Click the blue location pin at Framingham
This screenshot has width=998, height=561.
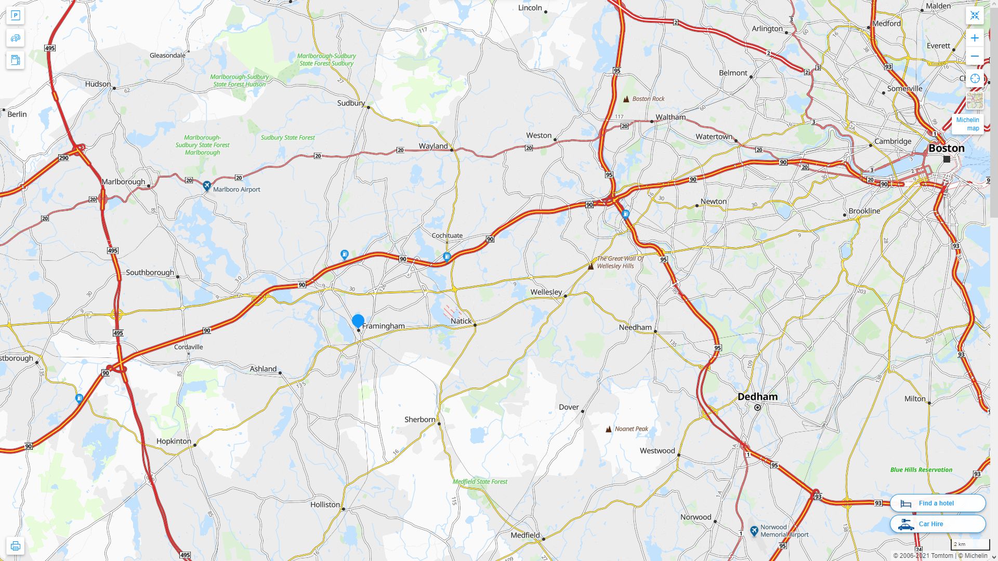358,321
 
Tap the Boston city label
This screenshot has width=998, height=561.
946,148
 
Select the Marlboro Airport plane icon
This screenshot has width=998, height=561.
207,185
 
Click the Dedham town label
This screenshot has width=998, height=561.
757,397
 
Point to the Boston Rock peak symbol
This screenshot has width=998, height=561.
626,99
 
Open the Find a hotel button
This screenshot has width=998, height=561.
937,503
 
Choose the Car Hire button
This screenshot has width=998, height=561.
937,524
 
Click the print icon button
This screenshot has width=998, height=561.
15,546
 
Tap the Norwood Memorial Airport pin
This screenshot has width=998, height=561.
754,530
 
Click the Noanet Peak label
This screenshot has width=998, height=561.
631,429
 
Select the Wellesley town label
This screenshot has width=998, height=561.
546,292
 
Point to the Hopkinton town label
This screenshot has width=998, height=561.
174,441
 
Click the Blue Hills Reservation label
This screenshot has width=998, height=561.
921,470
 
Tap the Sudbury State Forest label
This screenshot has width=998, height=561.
287,138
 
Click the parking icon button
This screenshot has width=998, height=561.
15,16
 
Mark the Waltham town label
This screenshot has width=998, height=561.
670,117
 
